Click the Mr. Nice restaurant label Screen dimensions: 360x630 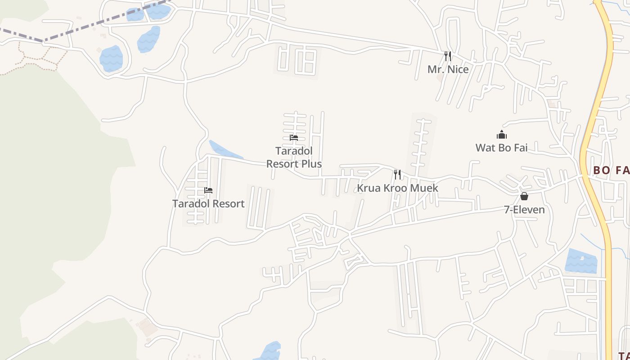pos(448,69)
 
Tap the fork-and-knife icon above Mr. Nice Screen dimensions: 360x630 pos(448,56)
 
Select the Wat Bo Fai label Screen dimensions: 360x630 pos(501,148)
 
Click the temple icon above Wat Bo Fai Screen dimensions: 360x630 pos(502,135)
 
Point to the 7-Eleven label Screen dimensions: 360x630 pos(524,210)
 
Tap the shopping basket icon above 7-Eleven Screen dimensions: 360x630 pos(524,196)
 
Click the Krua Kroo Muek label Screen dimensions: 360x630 pos(397,188)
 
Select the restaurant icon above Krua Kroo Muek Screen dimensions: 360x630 pos(397,174)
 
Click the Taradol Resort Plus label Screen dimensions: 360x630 pos(294,157)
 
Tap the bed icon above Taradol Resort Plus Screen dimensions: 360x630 pos(294,137)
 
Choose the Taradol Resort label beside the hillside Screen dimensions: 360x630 pos(208,203)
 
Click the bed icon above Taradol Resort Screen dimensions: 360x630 pos(208,190)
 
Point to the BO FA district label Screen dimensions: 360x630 pos(611,170)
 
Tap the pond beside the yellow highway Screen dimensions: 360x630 pos(580,261)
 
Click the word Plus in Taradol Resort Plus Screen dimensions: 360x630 pos(312,164)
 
